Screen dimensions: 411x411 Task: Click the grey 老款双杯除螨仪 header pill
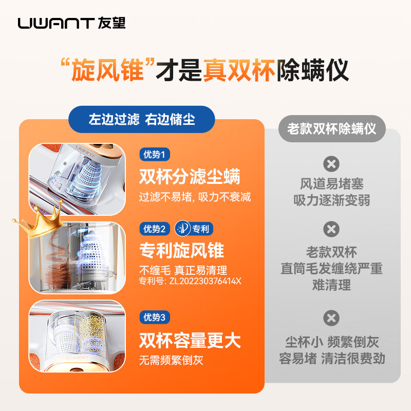331,128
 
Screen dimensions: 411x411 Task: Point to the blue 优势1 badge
155,154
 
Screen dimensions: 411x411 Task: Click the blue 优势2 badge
155,229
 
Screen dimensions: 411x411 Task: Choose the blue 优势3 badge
155,317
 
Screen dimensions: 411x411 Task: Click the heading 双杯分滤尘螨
190,177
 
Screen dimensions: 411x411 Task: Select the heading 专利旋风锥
181,250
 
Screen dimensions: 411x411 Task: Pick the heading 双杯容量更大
190,340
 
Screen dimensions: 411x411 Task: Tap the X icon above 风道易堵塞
331,164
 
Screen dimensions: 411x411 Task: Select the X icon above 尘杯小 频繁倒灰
331,318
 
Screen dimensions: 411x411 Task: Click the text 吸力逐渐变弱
331,200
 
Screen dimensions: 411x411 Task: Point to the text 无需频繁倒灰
171,360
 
